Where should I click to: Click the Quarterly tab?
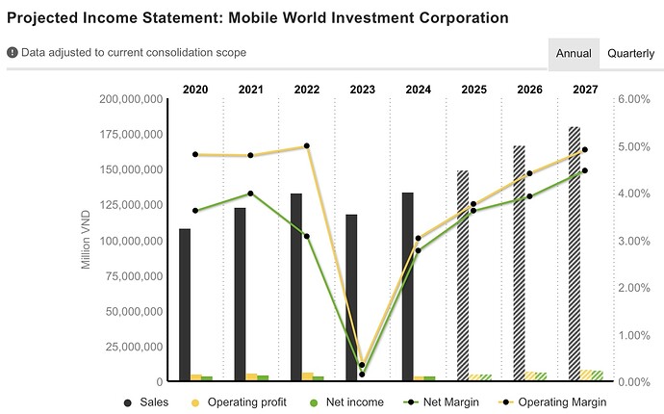[631, 54]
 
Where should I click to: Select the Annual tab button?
[574, 54]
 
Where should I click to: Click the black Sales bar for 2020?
[185, 303]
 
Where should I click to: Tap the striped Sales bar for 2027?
[574, 253]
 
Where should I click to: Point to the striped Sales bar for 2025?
[463, 274]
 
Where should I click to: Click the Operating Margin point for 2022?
[307, 146]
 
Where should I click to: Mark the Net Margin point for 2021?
[251, 194]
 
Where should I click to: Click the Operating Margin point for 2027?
[584, 150]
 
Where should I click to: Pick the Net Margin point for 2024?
[418, 250]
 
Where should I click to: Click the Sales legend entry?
[146, 401]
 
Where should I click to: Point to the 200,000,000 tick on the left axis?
[132, 99]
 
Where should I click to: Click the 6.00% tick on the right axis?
[634, 99]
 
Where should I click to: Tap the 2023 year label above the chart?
[363, 90]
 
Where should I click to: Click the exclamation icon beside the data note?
[13, 52]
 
